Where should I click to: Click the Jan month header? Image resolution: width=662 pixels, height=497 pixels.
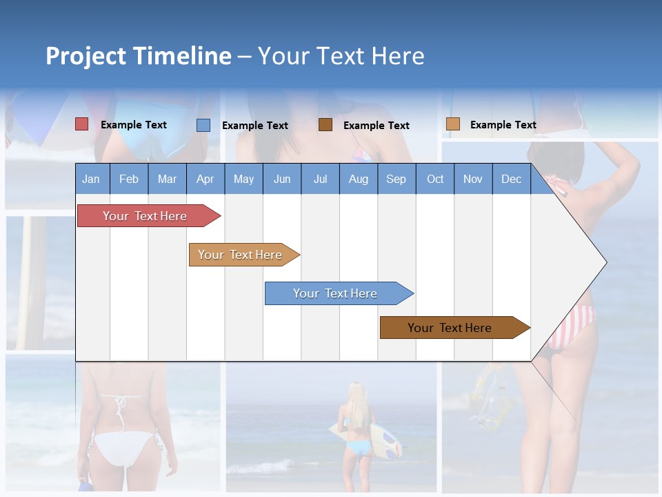[91, 179]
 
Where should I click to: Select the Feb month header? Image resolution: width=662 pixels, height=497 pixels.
[129, 179]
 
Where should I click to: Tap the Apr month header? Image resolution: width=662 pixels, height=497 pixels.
[205, 179]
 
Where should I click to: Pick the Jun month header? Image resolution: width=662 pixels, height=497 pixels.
[282, 179]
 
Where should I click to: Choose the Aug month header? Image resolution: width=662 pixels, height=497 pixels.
[358, 179]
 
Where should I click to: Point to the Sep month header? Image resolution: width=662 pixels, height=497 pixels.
[396, 179]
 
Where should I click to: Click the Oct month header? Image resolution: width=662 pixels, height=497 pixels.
[435, 179]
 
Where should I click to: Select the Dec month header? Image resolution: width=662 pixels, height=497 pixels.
[511, 179]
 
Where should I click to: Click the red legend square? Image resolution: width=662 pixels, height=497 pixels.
[82, 124]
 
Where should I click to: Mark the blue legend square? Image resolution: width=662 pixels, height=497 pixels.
[203, 125]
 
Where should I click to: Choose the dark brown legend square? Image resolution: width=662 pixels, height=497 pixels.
[325, 124]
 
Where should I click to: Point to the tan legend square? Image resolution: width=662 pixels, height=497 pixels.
[452, 124]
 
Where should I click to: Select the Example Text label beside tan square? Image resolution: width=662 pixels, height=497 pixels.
[503, 125]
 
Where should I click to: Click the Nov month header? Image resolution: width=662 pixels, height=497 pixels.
[473, 179]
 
